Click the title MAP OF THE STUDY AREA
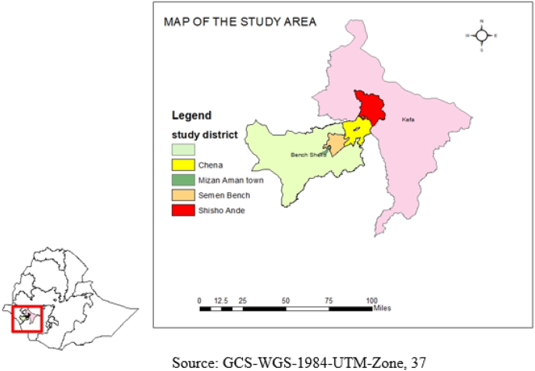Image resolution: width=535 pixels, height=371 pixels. (240, 22)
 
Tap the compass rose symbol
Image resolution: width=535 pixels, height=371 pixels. (482, 35)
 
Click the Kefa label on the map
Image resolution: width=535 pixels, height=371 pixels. (408, 120)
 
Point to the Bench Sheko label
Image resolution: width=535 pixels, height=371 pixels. (308, 155)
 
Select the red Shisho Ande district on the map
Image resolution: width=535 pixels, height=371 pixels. (370, 105)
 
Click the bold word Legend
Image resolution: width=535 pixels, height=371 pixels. (191, 116)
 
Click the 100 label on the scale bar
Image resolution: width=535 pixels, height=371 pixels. (372, 300)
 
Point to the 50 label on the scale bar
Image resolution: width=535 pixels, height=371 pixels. (286, 300)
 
